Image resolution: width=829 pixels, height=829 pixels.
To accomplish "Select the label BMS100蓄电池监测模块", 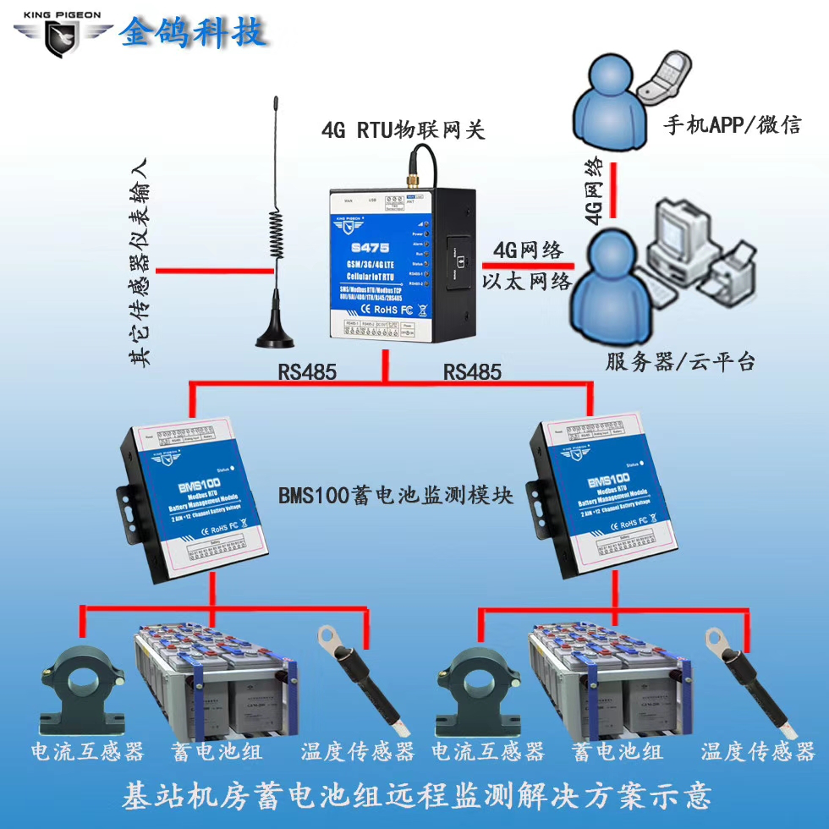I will point(396,496).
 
